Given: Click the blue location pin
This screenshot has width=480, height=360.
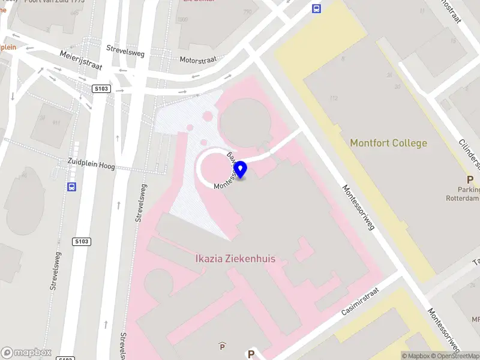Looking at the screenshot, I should pos(241,170).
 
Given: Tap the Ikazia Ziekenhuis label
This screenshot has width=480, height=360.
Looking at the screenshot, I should pos(235,259).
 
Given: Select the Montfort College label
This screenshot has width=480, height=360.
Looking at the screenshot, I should pos(388,143).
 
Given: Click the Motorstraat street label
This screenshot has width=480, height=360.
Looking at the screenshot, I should pos(199,60).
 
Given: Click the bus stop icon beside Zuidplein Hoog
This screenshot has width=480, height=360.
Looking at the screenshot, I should pos(71,186).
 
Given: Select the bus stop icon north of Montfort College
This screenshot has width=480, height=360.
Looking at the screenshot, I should pos(316,8).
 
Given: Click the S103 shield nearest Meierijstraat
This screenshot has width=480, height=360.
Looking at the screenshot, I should pos(101,89).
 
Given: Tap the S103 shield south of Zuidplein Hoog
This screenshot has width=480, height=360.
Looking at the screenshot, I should pos(82,242).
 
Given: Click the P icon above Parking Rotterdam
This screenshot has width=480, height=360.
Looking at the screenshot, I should pos(470,179).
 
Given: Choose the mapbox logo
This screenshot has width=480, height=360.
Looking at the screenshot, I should pos(26,352).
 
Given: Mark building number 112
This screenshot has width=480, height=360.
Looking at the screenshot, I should pos(334,97).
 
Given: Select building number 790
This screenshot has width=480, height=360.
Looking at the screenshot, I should pos(247,11).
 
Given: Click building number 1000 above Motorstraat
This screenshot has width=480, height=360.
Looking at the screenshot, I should pos(183,19).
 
